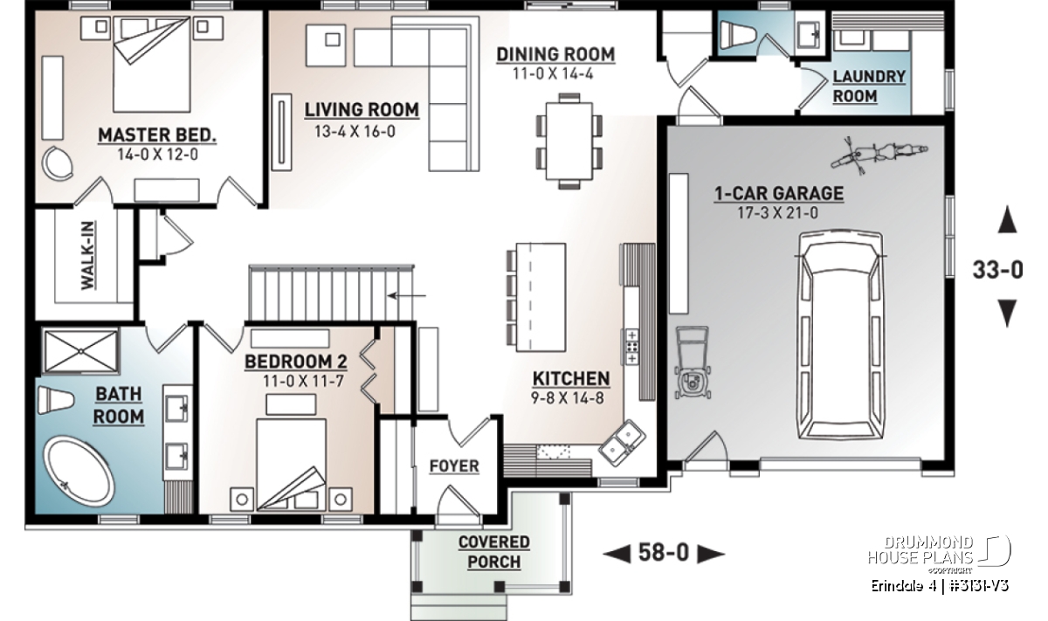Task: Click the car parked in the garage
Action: [x=841, y=335]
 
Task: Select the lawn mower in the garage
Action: [x=693, y=363]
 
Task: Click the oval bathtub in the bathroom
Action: [x=79, y=473]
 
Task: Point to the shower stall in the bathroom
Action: [x=80, y=351]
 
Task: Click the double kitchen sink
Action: [x=623, y=443]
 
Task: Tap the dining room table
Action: [x=569, y=141]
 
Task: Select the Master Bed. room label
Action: [x=157, y=135]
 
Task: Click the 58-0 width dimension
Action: [x=664, y=553]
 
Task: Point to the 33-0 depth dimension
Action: [x=998, y=270]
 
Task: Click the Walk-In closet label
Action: [x=88, y=256]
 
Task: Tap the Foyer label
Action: [x=454, y=466]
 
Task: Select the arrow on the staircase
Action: [x=407, y=295]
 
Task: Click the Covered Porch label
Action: [x=494, y=552]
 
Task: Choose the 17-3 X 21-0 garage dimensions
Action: [x=778, y=213]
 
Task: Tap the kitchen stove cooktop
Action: [x=632, y=347]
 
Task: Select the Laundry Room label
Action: [x=869, y=86]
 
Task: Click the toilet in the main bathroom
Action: [x=56, y=401]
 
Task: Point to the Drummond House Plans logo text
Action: [x=920, y=550]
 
